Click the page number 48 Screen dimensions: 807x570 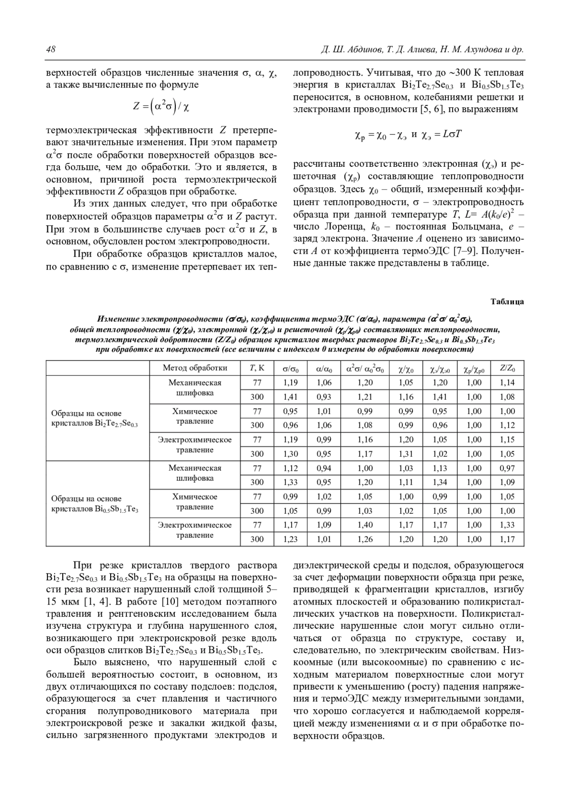coord(51,50)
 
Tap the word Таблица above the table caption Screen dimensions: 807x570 coord(507,301)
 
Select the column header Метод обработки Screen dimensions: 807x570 coord(195,368)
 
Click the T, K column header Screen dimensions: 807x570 coord(257,368)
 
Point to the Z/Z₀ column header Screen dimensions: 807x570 coord(507,368)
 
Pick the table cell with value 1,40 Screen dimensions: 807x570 coord(365,525)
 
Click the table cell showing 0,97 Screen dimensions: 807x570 coord(507,468)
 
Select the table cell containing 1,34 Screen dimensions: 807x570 coord(440,482)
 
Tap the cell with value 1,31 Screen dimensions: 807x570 coord(406,454)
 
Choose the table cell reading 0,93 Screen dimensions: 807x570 coord(324,397)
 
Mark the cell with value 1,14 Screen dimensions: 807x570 coord(507,383)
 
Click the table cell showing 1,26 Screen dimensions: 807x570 coord(365,539)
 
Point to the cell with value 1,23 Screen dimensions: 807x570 coord(290,539)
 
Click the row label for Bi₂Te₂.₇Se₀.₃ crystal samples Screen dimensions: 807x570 coord(94,418)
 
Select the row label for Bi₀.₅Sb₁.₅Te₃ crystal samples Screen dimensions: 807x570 coord(94,504)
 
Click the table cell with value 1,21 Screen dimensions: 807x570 coord(365,397)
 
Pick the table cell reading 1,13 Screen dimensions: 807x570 coord(440,468)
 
